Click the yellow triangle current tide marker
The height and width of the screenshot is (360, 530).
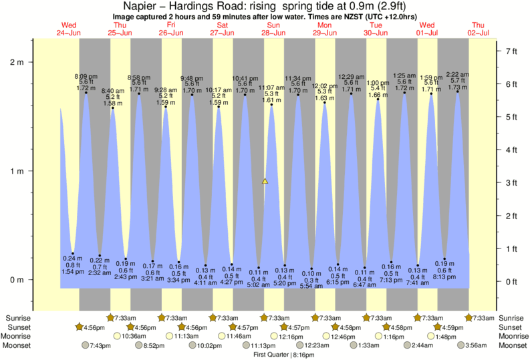265,180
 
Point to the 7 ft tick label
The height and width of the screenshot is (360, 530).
512,51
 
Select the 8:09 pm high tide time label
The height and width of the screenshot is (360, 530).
86,77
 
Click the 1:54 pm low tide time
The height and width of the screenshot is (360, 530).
72,273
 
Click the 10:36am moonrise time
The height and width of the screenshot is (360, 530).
134,336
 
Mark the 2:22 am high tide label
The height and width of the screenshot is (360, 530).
457,75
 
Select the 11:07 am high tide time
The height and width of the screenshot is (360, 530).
271,87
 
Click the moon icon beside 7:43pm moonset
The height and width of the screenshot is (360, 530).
85,345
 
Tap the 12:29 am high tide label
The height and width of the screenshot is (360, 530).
351,77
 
